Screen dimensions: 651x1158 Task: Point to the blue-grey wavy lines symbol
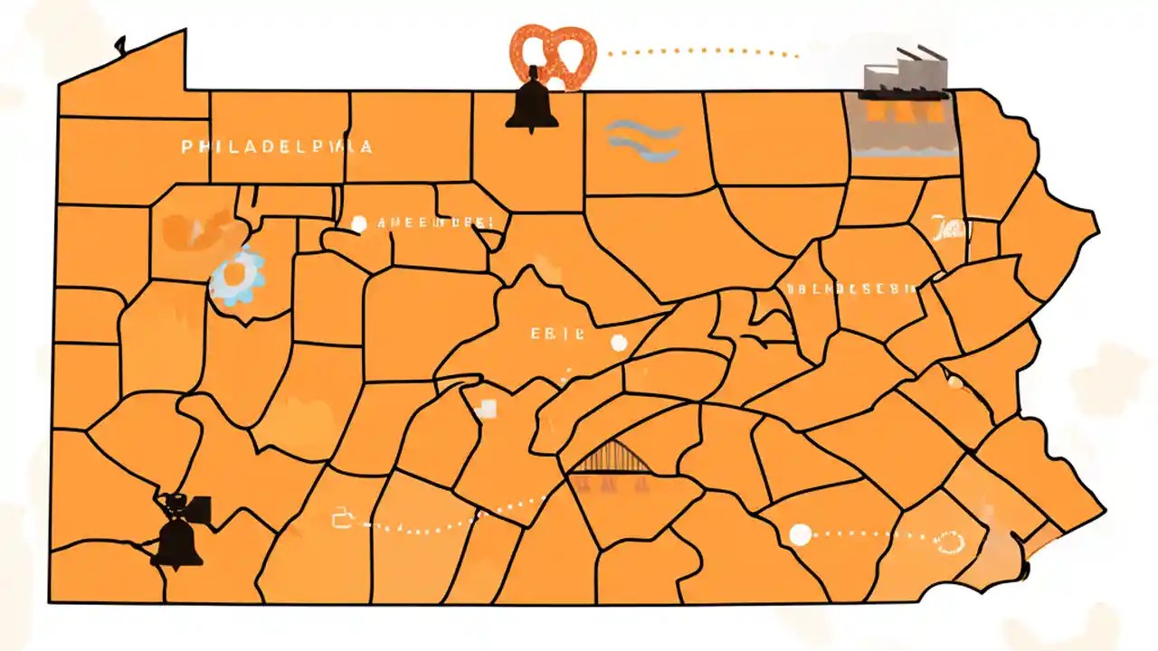[642, 140]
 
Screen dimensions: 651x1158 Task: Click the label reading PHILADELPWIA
[276, 146]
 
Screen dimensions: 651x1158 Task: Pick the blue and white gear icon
[237, 276]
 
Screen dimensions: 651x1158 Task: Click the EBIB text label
[557, 333]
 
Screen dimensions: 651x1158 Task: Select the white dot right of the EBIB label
[619, 343]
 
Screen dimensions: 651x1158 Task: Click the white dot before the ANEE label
[358, 223]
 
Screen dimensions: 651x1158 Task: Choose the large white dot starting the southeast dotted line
[800, 534]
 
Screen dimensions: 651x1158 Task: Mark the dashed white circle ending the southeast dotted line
[950, 542]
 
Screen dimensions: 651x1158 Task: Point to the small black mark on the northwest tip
[119, 42]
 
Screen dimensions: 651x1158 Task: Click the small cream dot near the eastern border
[954, 382]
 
